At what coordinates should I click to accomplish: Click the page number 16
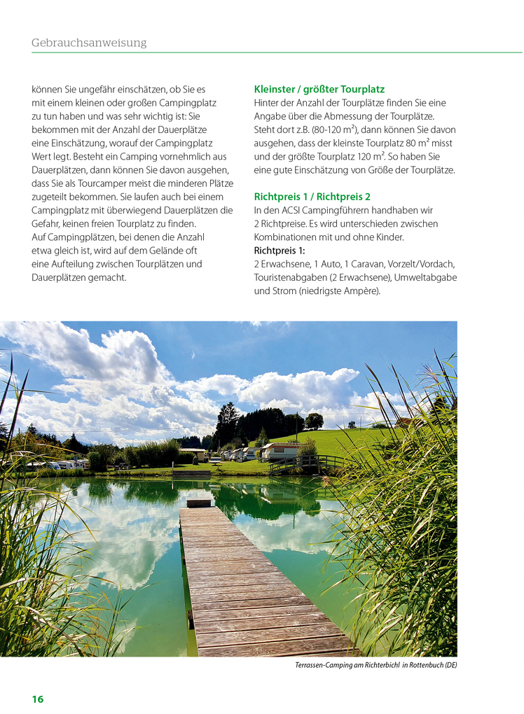[38, 699]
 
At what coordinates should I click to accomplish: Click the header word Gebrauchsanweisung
[89, 43]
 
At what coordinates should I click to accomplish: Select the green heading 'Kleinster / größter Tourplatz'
[319, 90]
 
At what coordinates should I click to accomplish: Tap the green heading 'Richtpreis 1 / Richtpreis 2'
[312, 197]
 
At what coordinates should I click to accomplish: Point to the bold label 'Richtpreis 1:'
[280, 250]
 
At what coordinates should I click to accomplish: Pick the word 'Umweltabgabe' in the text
[427, 277]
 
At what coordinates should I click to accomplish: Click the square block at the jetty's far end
[199, 502]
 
